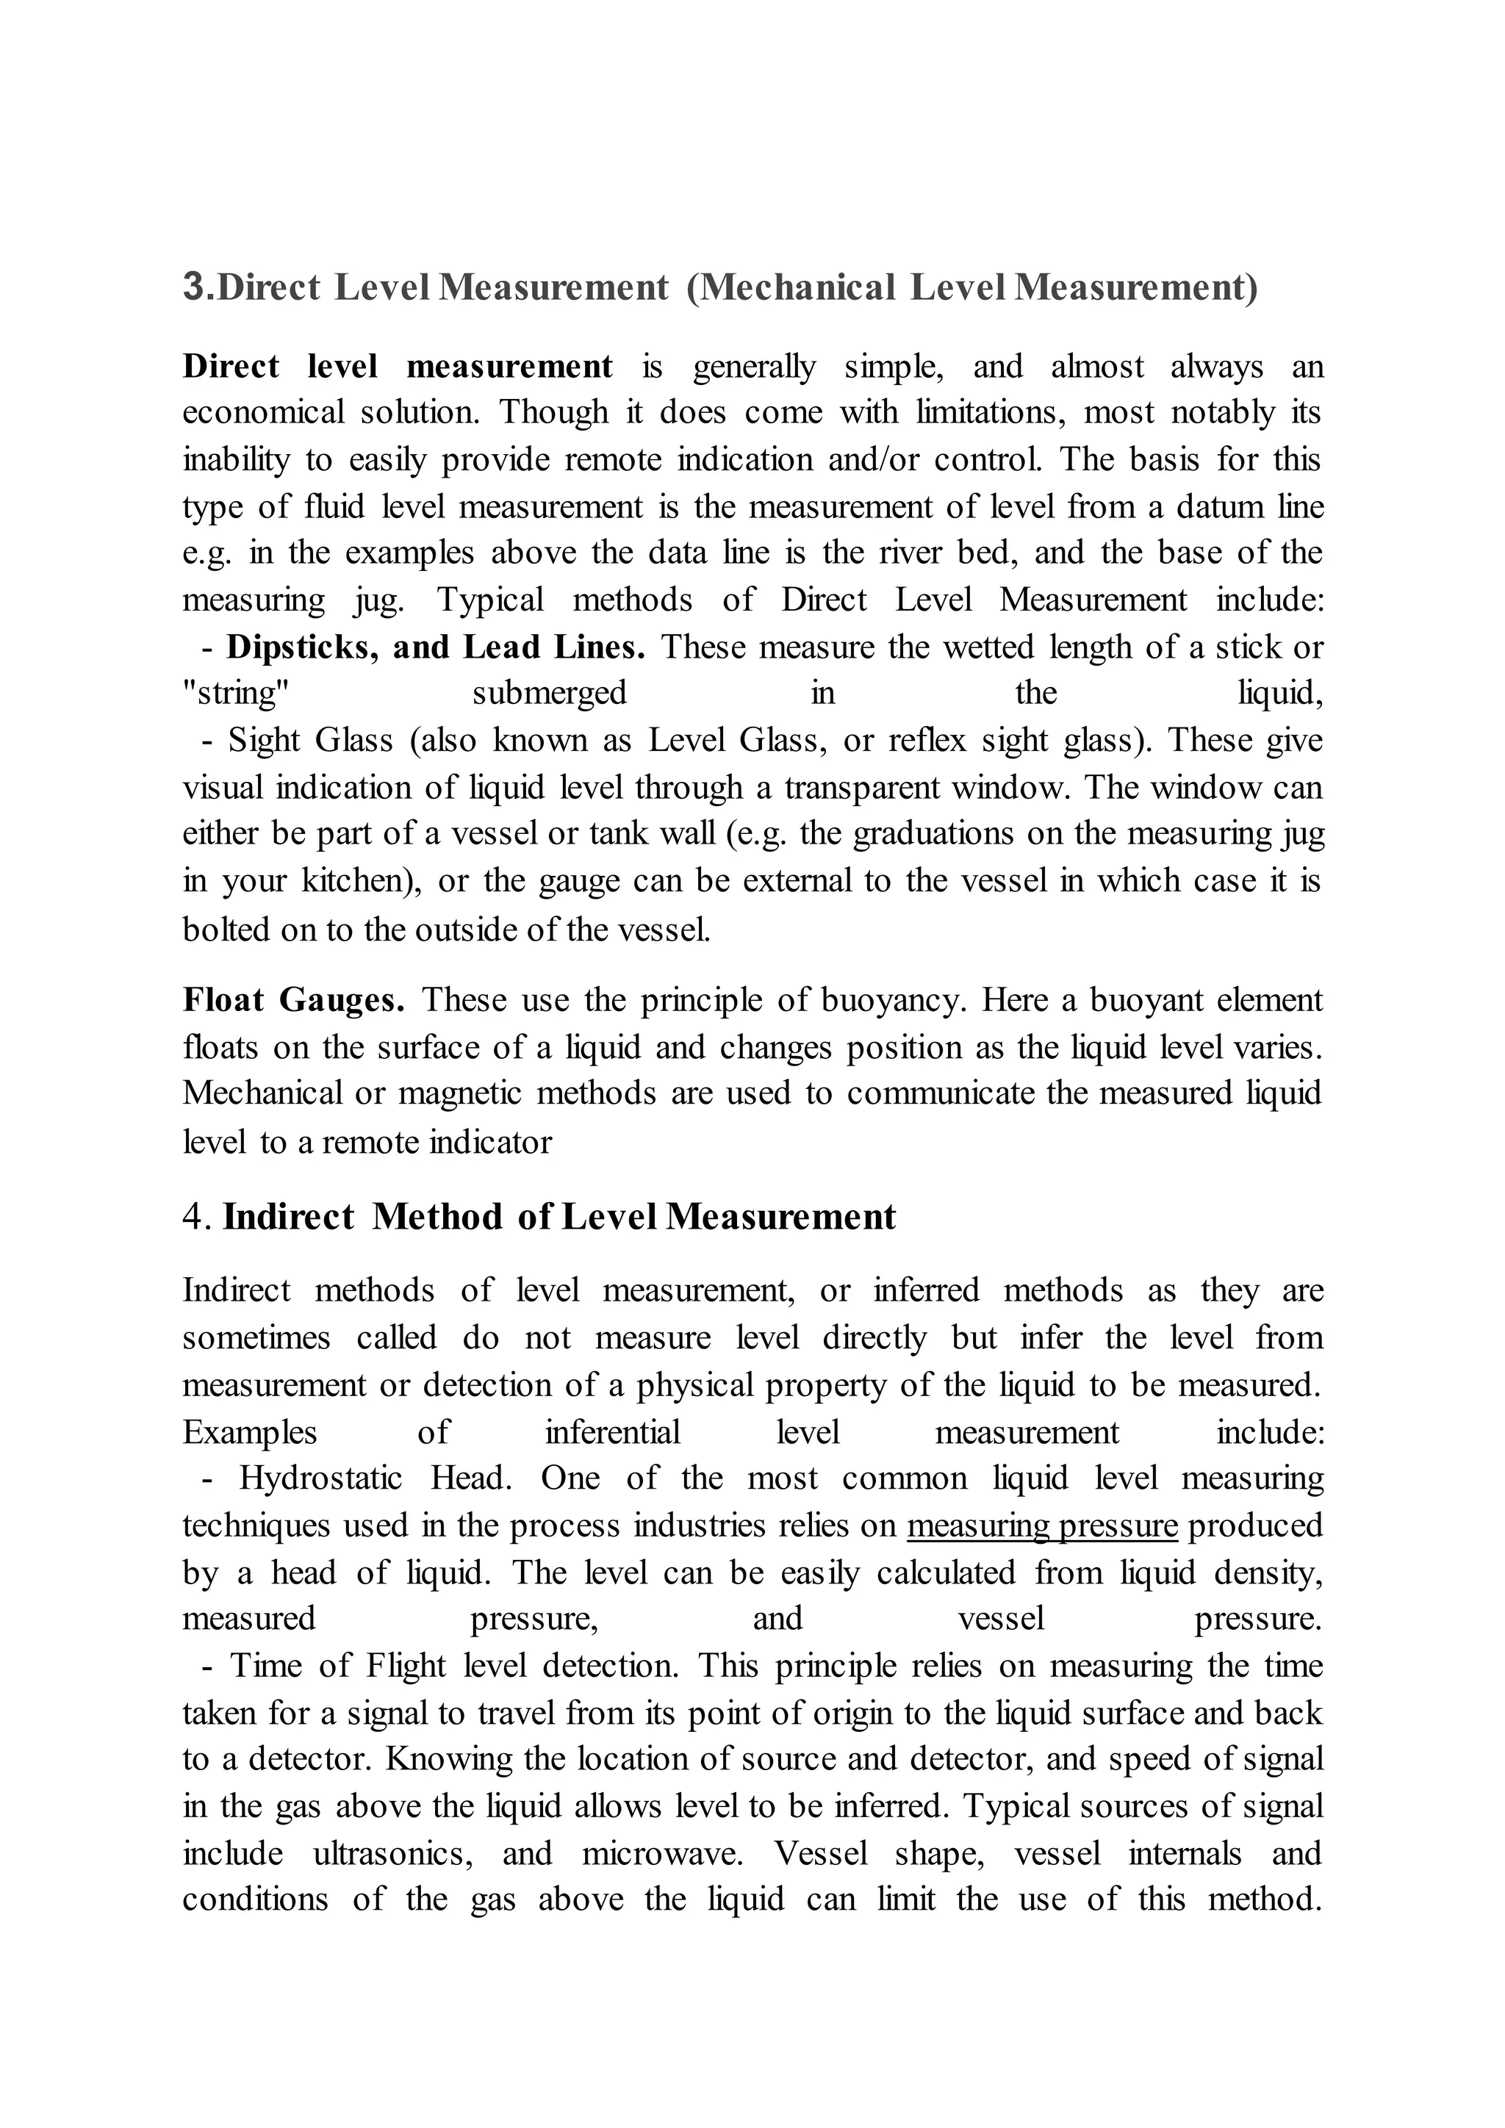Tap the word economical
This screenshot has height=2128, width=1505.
(263, 412)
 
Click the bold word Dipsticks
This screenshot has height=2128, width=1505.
(301, 647)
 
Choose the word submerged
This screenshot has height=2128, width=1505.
(550, 693)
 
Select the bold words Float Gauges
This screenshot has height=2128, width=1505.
(294, 1000)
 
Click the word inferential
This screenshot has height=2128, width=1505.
(613, 1432)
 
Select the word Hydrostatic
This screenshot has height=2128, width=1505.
(320, 1478)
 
